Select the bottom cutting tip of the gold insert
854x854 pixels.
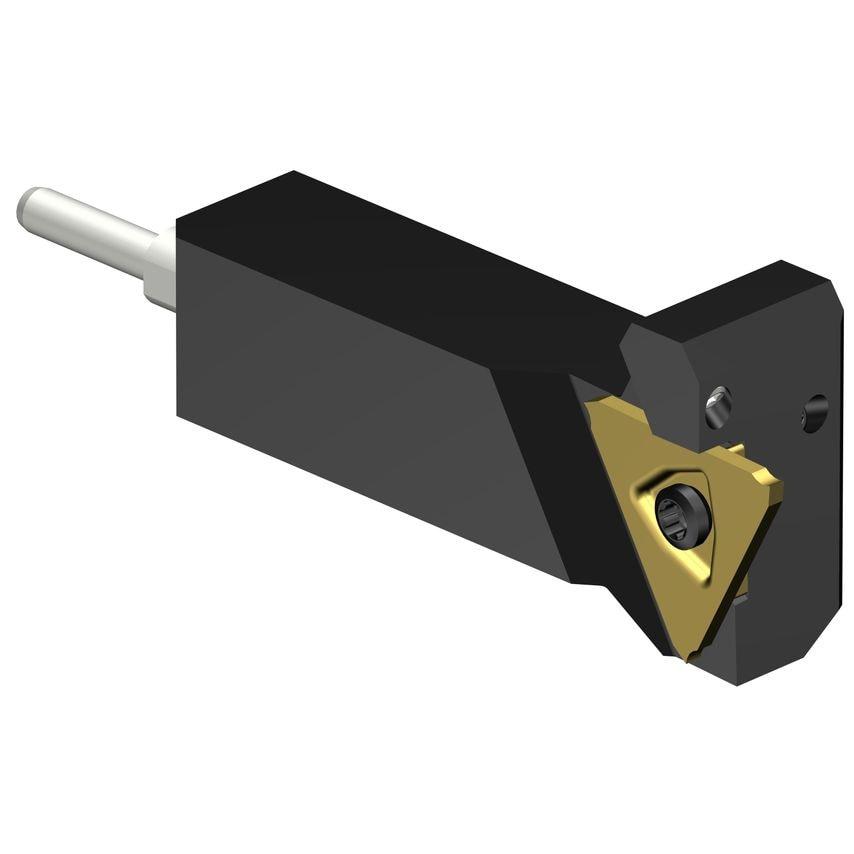[683, 654]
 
